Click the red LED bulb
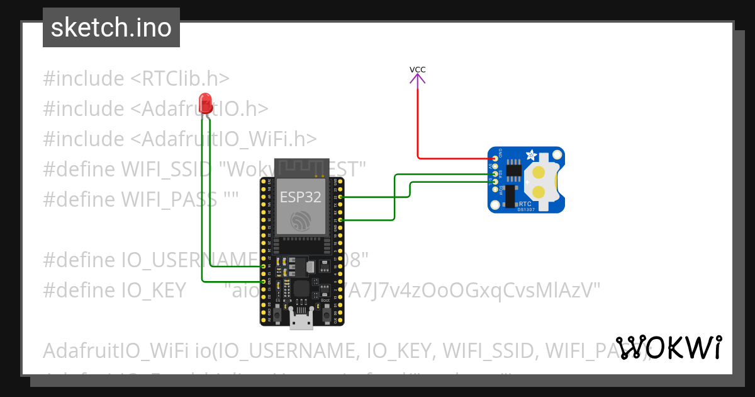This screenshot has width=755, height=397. coord(205,103)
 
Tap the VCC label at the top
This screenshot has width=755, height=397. coord(417,69)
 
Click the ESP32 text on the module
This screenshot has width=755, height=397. coord(300,197)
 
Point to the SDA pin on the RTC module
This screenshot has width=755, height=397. coord(496,173)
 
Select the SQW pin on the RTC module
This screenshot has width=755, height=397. coord(496,190)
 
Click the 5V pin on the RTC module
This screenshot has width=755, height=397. coord(496,166)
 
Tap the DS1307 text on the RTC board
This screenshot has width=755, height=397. coord(526,209)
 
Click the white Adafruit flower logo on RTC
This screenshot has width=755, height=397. coord(532,154)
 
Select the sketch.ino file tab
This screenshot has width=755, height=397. coord(111,28)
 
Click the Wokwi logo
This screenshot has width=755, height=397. coord(669,348)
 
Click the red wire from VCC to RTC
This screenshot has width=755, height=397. coord(417,126)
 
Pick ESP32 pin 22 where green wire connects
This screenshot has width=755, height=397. coord(340,197)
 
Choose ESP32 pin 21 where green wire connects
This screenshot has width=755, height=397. coord(340,220)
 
